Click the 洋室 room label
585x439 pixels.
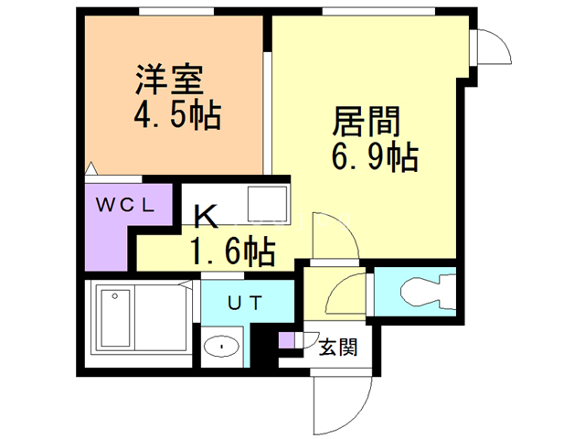168,78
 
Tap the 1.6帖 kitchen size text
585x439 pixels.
231,250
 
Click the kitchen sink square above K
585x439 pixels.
269,203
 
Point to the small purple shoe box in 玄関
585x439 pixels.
287,341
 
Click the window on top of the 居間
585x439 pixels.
352,12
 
